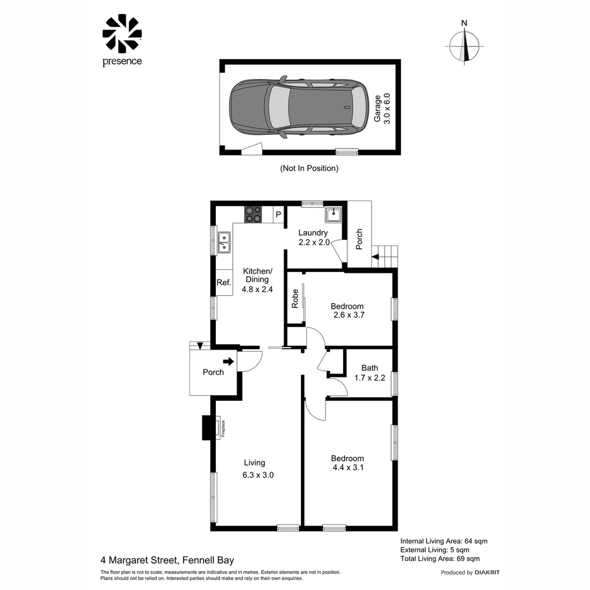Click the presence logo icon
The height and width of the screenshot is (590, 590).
click(122, 33)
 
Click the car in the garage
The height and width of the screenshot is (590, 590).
click(299, 107)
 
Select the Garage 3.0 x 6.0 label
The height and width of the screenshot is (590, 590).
click(382, 109)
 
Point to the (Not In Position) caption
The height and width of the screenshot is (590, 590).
click(309, 168)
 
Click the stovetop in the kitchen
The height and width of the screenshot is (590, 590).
click(253, 215)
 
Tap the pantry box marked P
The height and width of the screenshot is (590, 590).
click(279, 215)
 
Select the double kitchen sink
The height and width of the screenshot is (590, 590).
click(224, 243)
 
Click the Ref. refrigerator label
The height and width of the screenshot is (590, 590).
click(224, 282)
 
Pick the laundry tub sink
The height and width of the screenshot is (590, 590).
click(333, 215)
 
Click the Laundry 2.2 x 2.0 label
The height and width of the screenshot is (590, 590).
click(314, 238)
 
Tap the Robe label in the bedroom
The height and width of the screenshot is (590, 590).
click(295, 298)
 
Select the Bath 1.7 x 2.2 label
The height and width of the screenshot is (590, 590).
click(369, 373)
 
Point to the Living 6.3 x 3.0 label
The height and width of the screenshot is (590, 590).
click(258, 469)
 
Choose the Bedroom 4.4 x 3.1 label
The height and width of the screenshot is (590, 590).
click(347, 463)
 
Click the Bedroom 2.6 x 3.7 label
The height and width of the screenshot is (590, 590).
click(347, 310)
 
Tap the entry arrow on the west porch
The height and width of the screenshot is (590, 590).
click(228, 362)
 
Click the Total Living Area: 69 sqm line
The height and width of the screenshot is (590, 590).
click(440, 558)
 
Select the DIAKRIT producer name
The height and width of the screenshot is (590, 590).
click(487, 573)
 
